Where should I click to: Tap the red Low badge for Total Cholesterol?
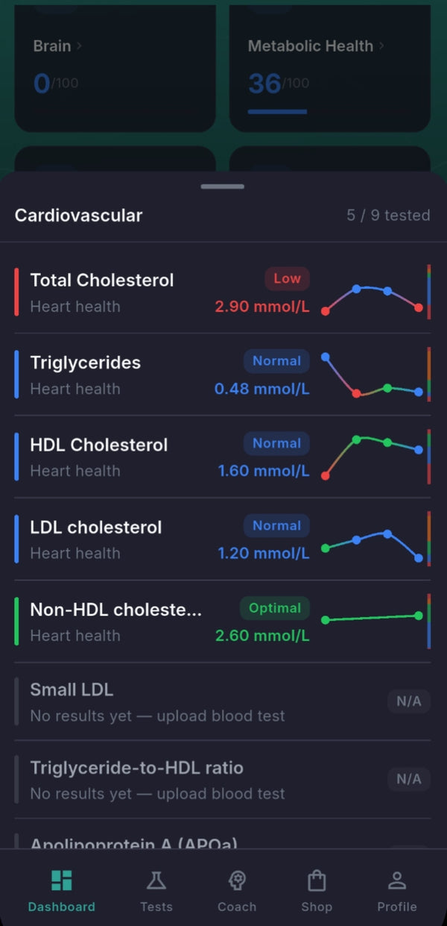[287, 279]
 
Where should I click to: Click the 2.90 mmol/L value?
[261, 307]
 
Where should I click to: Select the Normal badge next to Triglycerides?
[276, 361]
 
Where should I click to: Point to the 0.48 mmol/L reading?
[261, 389]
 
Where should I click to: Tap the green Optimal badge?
[275, 608]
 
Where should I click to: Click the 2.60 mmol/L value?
[261, 636]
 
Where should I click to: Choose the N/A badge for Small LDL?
[408, 701]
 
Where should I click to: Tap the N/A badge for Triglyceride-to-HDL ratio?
[408, 780]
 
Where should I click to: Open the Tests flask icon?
[156, 881]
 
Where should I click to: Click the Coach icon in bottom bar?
[237, 881]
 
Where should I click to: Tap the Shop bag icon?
[317, 881]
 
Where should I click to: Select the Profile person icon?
[397, 881]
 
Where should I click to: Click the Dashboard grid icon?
[62, 881]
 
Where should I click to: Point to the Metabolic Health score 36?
[264, 84]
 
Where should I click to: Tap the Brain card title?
[52, 46]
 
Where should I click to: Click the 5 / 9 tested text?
[388, 216]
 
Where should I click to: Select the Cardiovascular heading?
[78, 216]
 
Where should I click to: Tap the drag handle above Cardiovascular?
[223, 187]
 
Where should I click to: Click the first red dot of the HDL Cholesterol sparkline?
[326, 475]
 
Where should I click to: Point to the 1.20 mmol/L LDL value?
[263, 554]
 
